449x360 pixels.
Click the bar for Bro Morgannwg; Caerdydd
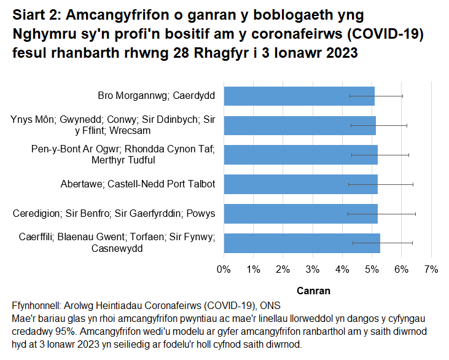pyautogui.click(x=299, y=96)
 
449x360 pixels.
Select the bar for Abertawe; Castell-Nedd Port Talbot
pyautogui.click(x=300, y=184)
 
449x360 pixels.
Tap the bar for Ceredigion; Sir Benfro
pyautogui.click(x=300, y=213)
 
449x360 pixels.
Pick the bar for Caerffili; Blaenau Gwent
pyautogui.click(x=302, y=243)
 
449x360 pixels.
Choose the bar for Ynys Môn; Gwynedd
pyautogui.click(x=300, y=125)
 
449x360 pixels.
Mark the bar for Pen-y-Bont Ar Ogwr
pyautogui.click(x=300, y=155)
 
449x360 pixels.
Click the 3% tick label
pyautogui.click(x=313, y=269)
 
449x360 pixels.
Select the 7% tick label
pyautogui.click(x=431, y=269)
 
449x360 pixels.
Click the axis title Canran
pyautogui.click(x=313, y=291)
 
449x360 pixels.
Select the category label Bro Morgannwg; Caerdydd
pyautogui.click(x=156, y=96)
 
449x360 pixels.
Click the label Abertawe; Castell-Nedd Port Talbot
pyautogui.click(x=138, y=184)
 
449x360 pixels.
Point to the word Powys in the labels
pyautogui.click(x=200, y=213)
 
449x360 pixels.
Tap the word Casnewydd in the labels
pyautogui.click(x=117, y=248)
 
